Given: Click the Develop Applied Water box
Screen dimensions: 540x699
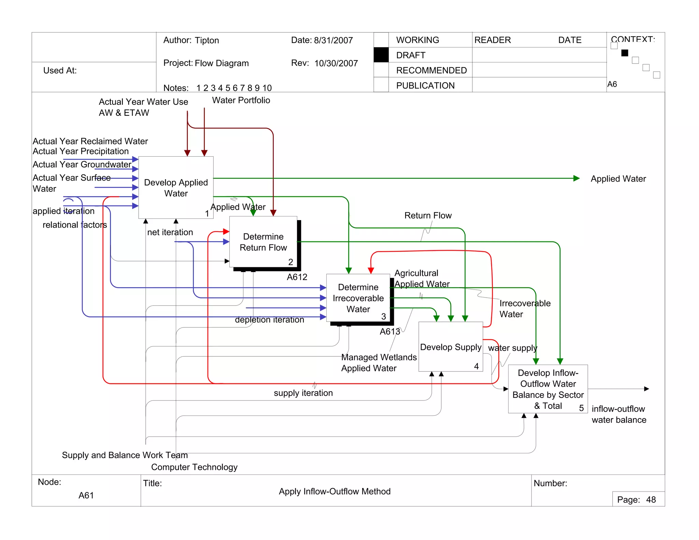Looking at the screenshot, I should (x=176, y=187).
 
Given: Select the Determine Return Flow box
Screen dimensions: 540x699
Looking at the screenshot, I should (x=263, y=242).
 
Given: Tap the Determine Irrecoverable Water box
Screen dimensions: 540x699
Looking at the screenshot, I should (x=358, y=298).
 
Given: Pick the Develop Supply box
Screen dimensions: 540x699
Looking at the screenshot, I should (x=451, y=347).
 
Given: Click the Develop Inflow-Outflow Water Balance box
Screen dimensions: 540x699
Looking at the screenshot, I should (x=548, y=389).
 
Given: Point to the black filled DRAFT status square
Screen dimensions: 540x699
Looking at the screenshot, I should (x=381, y=55).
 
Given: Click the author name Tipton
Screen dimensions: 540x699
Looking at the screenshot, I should (x=207, y=40).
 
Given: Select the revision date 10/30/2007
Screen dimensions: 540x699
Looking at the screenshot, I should (x=336, y=63).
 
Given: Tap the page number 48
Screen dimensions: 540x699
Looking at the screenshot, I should (x=651, y=500).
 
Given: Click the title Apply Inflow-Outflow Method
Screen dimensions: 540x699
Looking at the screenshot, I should (x=334, y=491).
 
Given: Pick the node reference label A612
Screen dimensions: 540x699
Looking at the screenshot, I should (x=297, y=277).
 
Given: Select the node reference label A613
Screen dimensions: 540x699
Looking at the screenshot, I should (x=390, y=331).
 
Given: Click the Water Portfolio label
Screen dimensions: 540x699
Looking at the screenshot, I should (x=241, y=100).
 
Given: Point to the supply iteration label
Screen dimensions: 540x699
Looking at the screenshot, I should (x=303, y=393).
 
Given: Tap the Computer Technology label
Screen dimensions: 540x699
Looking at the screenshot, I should (x=194, y=467).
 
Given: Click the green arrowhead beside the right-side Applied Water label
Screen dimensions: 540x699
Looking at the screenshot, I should (x=576, y=178).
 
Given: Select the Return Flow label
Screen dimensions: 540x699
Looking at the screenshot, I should (x=428, y=215).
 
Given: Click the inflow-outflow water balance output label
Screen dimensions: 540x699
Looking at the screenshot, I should (x=618, y=414).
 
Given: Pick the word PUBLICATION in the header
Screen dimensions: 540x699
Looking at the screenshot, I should (x=425, y=85).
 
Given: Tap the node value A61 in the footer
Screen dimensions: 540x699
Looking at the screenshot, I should (x=86, y=495).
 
